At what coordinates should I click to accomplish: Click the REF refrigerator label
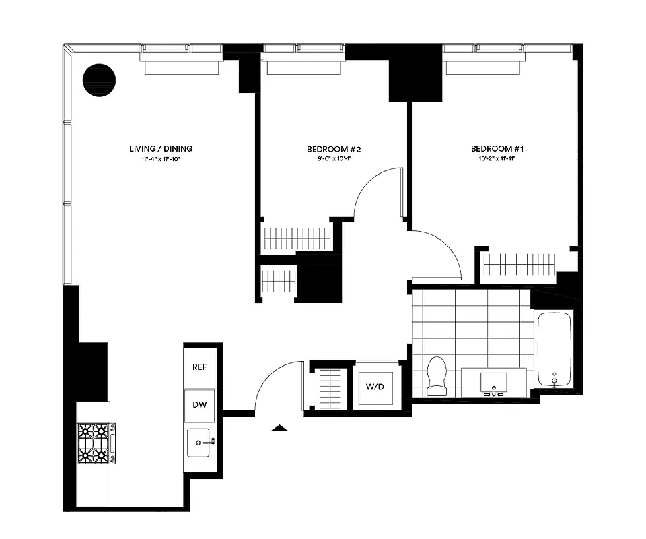[x=199, y=367]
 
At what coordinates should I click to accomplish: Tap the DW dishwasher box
[x=200, y=406]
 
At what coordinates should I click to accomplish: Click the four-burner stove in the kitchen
[x=94, y=443]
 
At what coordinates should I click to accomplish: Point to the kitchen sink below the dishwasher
[x=201, y=443]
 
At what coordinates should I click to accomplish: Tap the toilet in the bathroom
[x=437, y=375]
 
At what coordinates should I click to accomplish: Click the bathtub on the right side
[x=554, y=349]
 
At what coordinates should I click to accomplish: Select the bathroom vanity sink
[x=495, y=382]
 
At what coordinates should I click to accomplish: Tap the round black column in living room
[x=99, y=80]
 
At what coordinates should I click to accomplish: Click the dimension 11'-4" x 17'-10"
[x=161, y=160]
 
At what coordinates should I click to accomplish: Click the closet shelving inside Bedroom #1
[x=519, y=264]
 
